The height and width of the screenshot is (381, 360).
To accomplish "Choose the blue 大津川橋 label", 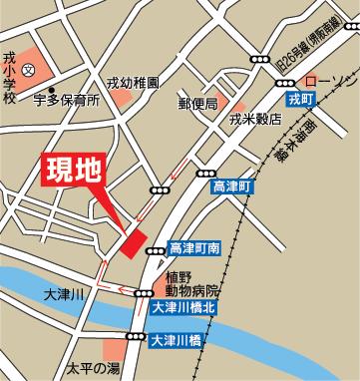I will pyautogui.click(x=180, y=340).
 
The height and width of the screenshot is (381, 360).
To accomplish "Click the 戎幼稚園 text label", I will pyautogui.click(x=133, y=85).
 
